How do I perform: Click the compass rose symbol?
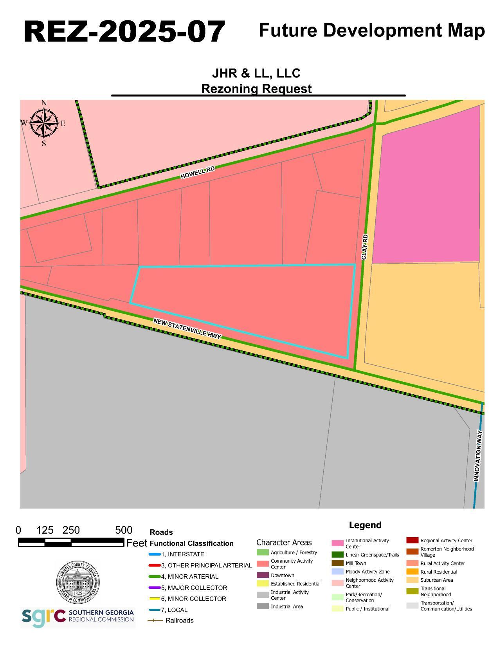pyautogui.click(x=43, y=123)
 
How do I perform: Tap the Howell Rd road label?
pyautogui.click(x=198, y=173)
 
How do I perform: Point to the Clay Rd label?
pyautogui.click(x=364, y=247)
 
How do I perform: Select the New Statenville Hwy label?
pyautogui.click(x=187, y=328)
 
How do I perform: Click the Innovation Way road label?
pyautogui.click(x=477, y=456)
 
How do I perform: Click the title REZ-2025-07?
pyautogui.click(x=124, y=32)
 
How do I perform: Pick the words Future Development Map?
pyautogui.click(x=371, y=31)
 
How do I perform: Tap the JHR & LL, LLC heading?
pyautogui.click(x=256, y=73)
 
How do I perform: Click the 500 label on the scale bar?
pyautogui.click(x=124, y=531)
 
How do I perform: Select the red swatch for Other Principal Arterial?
pyautogui.click(x=155, y=565)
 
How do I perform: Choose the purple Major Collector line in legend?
pyautogui.click(x=155, y=588)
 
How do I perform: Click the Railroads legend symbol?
pyautogui.click(x=155, y=621)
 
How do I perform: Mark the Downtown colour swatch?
pyautogui.click(x=263, y=575)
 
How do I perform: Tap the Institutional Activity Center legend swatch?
pyautogui.click(x=337, y=543)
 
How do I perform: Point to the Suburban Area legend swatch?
pyautogui.click(x=412, y=580)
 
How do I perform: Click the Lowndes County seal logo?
pyautogui.click(x=77, y=582)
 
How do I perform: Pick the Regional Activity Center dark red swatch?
pyautogui.click(x=412, y=540)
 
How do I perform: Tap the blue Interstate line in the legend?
pyautogui.click(x=155, y=554)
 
